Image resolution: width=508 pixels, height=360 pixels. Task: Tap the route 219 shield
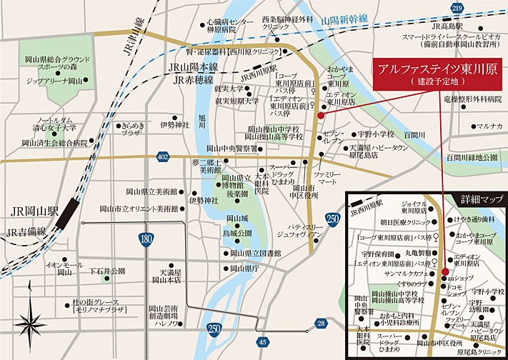point(457,7)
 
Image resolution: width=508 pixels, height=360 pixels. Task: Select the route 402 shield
point(163,156)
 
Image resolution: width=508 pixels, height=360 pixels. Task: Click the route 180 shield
point(146,241)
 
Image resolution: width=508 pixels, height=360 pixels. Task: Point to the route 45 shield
point(264,343)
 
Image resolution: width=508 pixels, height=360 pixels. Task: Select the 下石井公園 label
point(107,271)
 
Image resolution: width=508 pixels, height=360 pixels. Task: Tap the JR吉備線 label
point(26,231)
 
